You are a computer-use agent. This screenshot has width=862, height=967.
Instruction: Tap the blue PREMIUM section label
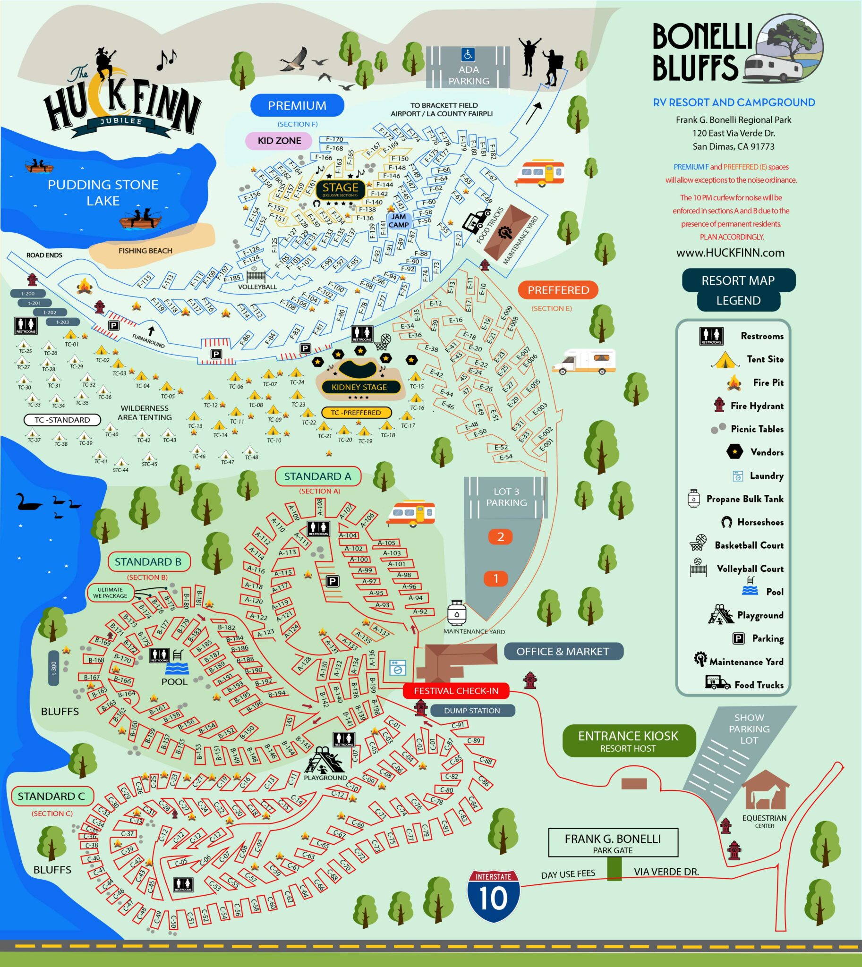coord(297,105)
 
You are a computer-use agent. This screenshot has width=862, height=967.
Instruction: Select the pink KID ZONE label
coord(279,141)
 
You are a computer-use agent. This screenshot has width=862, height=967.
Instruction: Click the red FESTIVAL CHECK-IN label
coord(456,691)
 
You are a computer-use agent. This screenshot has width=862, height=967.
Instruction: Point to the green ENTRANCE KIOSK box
coord(628,741)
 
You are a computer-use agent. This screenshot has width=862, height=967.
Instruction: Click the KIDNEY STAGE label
coord(358,387)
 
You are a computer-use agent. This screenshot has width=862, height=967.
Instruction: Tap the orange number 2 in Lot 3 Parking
coord(500,536)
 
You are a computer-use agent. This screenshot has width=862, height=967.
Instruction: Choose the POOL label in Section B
coord(174,681)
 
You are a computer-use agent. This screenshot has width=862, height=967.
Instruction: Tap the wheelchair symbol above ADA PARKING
coord(468,55)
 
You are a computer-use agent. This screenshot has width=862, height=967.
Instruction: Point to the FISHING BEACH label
coord(145,251)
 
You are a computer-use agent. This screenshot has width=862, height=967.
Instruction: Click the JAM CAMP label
coord(398,221)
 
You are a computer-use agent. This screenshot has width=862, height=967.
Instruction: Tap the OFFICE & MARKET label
coord(563,651)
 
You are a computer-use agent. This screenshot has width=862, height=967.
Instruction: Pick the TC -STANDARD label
coord(62,420)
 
